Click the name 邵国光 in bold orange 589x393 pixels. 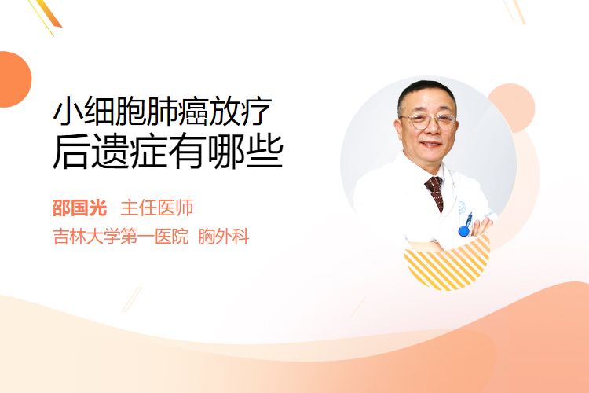tap(79, 208)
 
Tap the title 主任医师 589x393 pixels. tap(156, 208)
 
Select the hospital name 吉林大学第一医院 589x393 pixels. tap(121, 237)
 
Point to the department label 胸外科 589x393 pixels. tap(224, 237)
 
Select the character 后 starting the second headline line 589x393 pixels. tap(71, 152)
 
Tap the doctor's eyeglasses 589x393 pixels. tap(429, 121)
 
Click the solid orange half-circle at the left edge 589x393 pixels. tap(14, 79)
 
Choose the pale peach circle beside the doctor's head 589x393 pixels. tap(514, 107)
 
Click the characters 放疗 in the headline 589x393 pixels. tap(241, 112)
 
